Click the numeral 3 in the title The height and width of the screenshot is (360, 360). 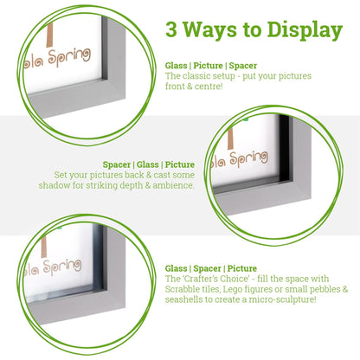(173, 30)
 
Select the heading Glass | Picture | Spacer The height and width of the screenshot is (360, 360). (212, 66)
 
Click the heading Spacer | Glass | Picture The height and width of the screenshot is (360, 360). (149, 164)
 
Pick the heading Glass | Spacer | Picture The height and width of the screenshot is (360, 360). (212, 268)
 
